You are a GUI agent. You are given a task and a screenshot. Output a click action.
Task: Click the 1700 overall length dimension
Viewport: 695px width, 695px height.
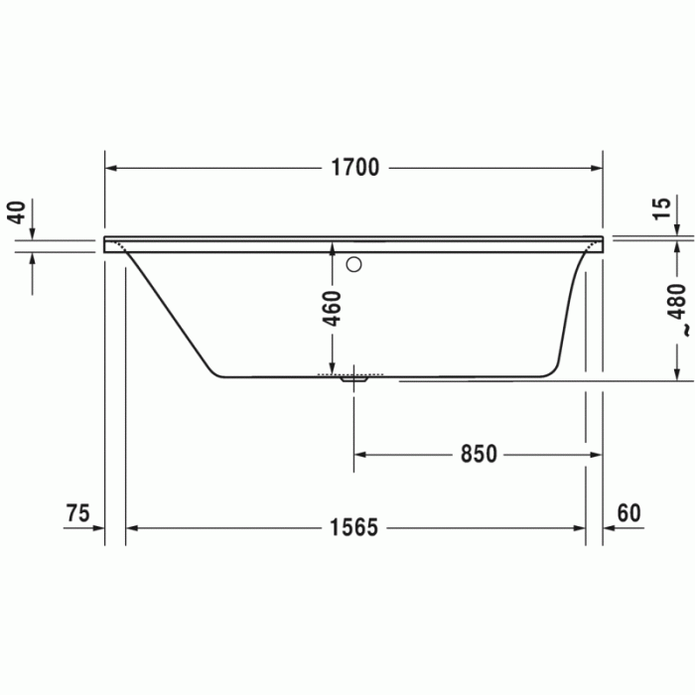[355, 168]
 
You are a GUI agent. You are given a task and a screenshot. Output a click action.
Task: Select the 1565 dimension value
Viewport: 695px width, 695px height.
[354, 527]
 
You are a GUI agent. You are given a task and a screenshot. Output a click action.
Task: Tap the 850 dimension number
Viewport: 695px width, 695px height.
[478, 454]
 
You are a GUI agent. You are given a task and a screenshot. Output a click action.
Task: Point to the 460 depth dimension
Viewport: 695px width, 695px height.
[333, 309]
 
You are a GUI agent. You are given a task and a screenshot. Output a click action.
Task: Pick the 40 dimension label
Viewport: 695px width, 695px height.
[15, 212]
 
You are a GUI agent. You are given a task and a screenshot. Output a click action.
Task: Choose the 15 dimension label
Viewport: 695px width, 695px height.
[661, 208]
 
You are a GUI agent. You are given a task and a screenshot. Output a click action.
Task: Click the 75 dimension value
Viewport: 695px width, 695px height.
[77, 513]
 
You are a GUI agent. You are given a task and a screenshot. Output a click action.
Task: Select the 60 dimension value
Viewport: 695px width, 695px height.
[628, 513]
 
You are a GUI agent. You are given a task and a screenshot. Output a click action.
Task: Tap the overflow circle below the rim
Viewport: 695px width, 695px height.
[354, 265]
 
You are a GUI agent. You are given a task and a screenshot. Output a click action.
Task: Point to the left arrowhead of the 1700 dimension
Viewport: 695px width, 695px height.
[112, 168]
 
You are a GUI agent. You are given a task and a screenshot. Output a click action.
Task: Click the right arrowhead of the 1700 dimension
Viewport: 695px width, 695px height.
[597, 168]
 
